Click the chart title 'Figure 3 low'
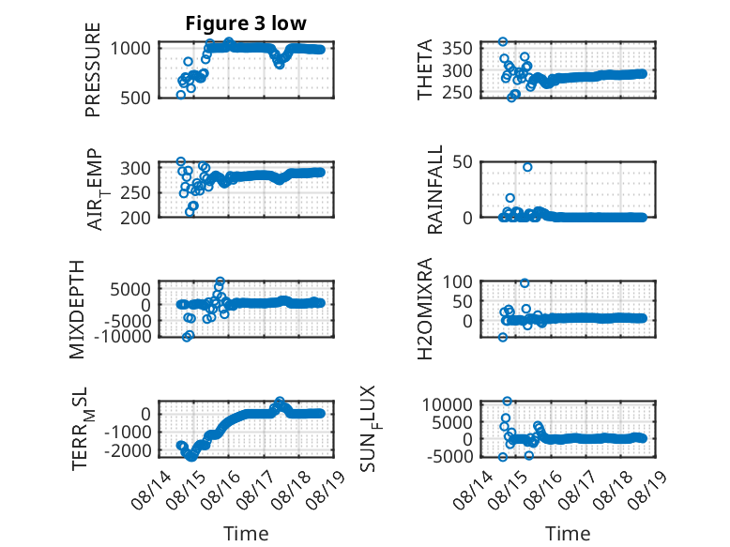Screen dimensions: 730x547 pyautogui.click(x=246, y=23)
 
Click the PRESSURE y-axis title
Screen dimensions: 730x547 pyautogui.click(x=93, y=69)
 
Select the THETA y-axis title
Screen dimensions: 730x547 pyautogui.click(x=425, y=69)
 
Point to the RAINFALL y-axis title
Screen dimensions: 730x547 pyautogui.click(x=434, y=190)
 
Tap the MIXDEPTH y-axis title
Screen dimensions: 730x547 pyautogui.click(x=77, y=310)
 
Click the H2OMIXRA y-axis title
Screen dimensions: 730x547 pyautogui.click(x=425, y=309)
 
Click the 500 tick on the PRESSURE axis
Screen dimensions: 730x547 pyautogui.click(x=135, y=99)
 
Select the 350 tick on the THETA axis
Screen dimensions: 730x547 pyautogui.click(x=457, y=48)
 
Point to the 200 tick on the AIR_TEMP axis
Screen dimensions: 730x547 pyautogui.click(x=135, y=218)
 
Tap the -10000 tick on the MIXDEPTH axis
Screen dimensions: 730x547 pyautogui.click(x=122, y=336)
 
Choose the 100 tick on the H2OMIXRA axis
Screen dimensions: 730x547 pyautogui.click(x=457, y=281)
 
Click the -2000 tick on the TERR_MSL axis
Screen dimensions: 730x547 pyautogui.click(x=128, y=450)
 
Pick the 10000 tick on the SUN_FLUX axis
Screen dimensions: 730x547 pyautogui.click(x=447, y=404)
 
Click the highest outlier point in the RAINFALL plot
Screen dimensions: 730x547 pyautogui.click(x=527, y=167)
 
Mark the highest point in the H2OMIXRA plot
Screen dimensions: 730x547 pyautogui.click(x=525, y=283)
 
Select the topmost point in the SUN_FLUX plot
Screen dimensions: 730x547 pyautogui.click(x=508, y=402)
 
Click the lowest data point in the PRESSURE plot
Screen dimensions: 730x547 pyautogui.click(x=181, y=95)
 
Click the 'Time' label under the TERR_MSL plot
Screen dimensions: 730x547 pyautogui.click(x=246, y=533)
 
